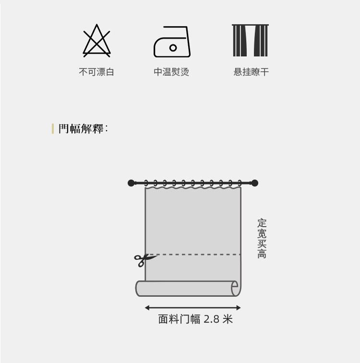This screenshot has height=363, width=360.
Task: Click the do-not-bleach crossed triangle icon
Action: pyautogui.click(x=96, y=41)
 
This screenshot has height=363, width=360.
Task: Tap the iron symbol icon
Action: pyautogui.click(x=172, y=42)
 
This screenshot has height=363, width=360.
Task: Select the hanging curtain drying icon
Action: pyautogui.click(x=250, y=40)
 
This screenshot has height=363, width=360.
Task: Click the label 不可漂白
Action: pyautogui.click(x=96, y=72)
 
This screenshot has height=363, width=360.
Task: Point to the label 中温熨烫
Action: pyautogui.click(x=171, y=72)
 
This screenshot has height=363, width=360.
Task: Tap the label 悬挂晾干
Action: pyautogui.click(x=251, y=72)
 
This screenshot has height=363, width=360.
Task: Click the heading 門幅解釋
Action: pyautogui.click(x=82, y=129)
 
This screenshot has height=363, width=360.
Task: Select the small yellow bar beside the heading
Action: pyautogui.click(x=53, y=129)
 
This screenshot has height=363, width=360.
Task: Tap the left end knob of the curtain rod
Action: pyautogui.click(x=132, y=183)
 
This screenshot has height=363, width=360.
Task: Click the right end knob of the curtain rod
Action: pyautogui.click(x=254, y=183)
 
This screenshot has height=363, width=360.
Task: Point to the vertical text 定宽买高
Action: pyautogui.click(x=262, y=239)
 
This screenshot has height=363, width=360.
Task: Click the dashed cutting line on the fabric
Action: pyautogui.click(x=197, y=254)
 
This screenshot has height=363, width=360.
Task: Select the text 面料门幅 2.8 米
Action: pyautogui.click(x=195, y=319)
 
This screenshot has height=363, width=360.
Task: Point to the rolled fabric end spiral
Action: pyautogui.click(x=235, y=289)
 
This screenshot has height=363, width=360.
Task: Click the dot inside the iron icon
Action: pyautogui.click(x=173, y=48)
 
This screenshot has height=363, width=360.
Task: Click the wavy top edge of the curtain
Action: pyautogui.click(x=192, y=189)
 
